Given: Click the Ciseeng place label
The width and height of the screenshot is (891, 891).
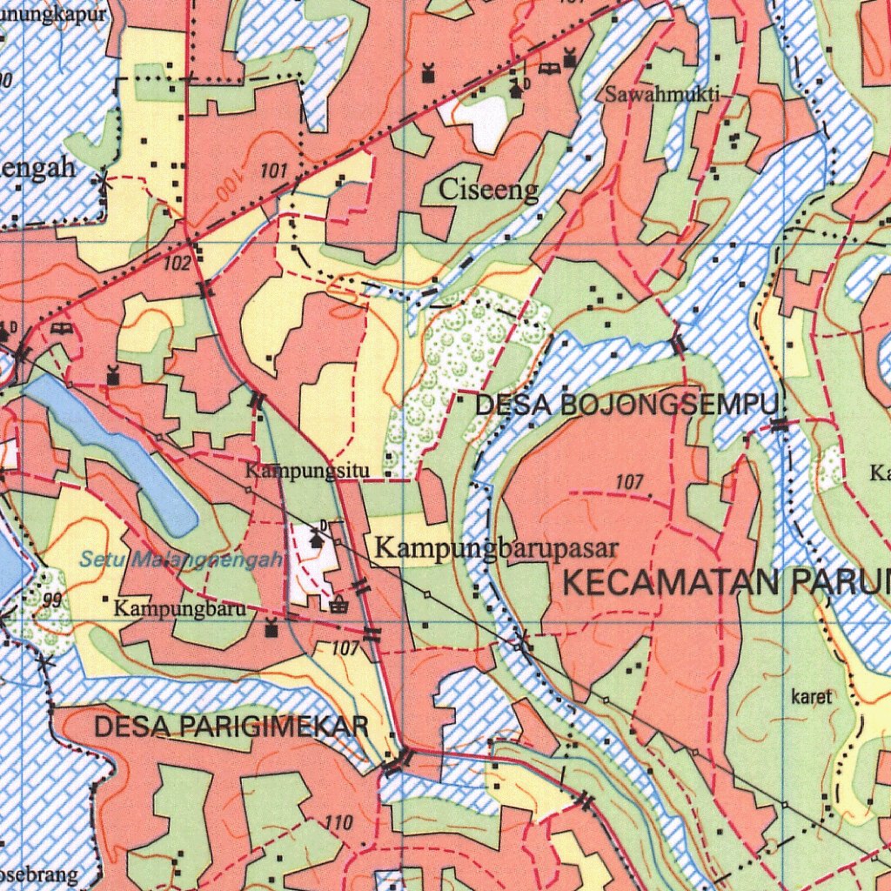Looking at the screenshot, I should point(488,191).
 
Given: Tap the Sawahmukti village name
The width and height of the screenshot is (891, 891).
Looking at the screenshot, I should point(662,95).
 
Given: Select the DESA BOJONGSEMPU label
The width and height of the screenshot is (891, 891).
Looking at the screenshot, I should point(626,405).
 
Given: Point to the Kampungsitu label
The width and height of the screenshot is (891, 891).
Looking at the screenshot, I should point(307,472).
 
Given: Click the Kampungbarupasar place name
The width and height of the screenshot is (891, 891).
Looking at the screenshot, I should point(495,549).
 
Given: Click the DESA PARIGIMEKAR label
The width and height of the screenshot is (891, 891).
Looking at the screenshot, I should point(231,727).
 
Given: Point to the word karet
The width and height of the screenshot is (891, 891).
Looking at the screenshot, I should point(812,697).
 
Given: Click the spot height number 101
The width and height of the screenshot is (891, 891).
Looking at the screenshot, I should point(273,172).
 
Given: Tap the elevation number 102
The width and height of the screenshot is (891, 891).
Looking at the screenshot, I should point(177,263).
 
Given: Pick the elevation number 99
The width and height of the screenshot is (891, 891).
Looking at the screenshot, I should point(52,600).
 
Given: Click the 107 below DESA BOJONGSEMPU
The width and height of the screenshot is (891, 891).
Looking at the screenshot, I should point(628,482).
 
